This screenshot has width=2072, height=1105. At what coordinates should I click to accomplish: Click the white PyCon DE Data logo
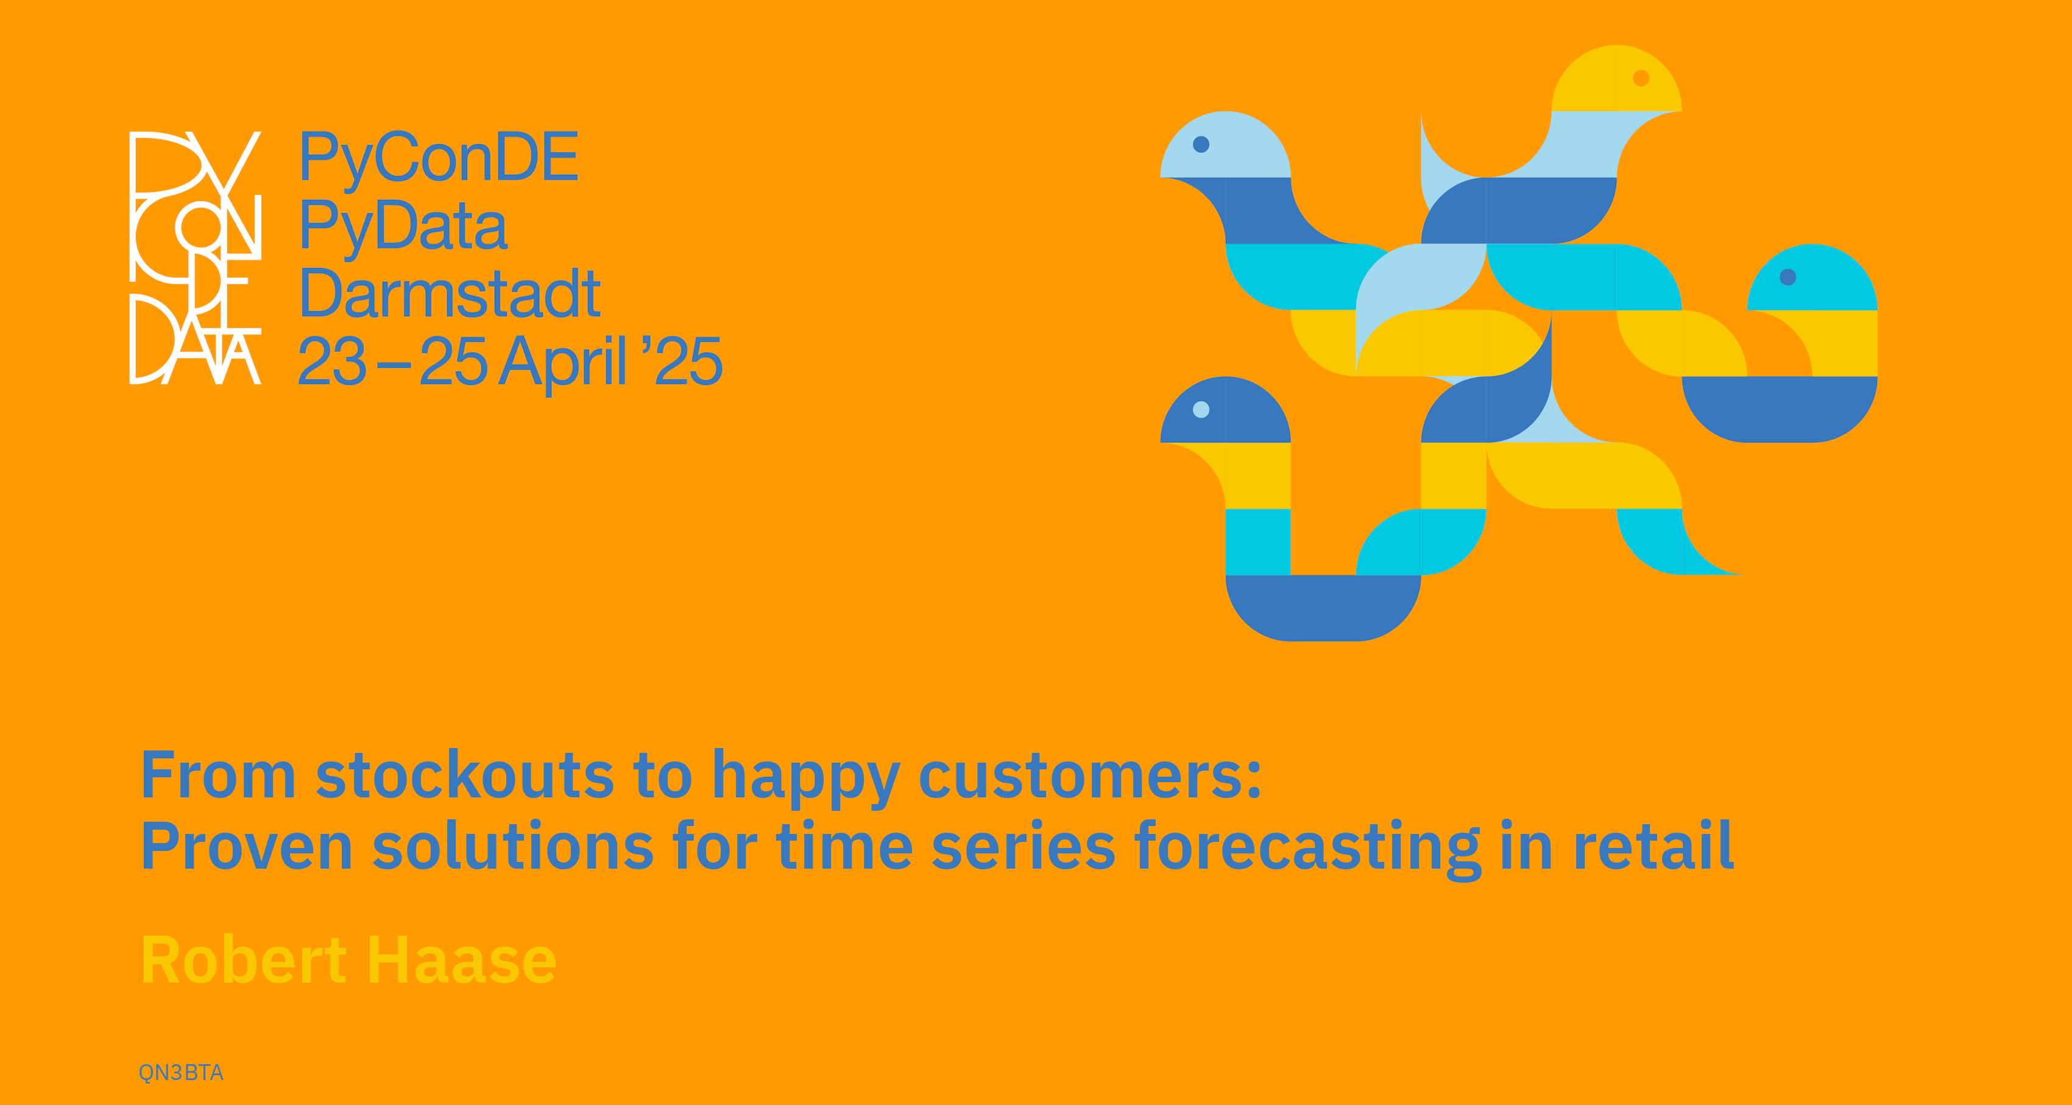click(196, 257)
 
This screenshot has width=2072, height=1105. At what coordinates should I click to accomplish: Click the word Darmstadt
click(450, 294)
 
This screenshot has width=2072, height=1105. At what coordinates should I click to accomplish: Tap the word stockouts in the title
click(464, 775)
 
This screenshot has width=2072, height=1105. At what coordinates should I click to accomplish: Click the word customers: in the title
click(1090, 777)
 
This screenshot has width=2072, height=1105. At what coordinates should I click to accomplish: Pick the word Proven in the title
click(247, 846)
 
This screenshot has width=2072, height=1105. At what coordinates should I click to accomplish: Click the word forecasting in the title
click(1308, 849)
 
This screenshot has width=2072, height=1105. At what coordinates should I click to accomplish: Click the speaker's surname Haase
click(462, 959)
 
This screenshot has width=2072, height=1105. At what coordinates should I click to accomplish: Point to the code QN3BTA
click(181, 1073)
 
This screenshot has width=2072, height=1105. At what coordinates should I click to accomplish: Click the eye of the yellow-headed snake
click(1641, 78)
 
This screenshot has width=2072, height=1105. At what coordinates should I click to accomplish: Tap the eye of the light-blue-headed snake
click(1201, 144)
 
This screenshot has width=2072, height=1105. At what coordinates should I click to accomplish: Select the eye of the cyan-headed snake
click(1787, 277)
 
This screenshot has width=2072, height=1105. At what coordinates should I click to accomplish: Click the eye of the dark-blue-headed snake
click(1201, 409)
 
